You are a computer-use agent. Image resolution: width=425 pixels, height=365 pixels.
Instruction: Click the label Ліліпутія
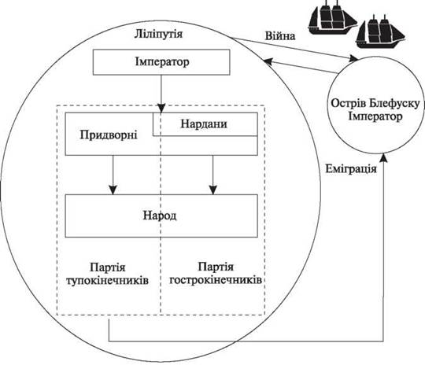pos(158,35)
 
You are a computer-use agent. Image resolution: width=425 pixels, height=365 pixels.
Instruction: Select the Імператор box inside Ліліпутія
pos(161,62)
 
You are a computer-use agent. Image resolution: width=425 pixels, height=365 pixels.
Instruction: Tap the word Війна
pos(280,36)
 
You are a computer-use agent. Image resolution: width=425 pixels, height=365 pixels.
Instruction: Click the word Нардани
pos(204,124)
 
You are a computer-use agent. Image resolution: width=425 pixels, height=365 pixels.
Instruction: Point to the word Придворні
pos(109,135)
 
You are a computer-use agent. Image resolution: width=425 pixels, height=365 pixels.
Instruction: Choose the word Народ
pos(160,216)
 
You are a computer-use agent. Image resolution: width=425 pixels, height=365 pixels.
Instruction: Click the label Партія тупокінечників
pos(107,274)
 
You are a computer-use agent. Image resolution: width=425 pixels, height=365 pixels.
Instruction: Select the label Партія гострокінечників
pos(216,273)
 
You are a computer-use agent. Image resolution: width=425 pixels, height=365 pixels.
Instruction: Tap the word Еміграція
pos(351,169)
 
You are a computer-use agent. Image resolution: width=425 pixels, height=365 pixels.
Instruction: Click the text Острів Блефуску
pos(375,103)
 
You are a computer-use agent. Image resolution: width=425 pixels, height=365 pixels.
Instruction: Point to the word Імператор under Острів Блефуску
pos(375,116)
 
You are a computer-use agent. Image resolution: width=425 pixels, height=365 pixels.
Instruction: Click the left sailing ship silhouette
pos(333,17)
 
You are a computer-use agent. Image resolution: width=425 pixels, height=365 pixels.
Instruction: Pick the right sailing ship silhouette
pos(380,32)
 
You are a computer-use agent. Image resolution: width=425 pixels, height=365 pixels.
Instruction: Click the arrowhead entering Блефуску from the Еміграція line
pos(383,158)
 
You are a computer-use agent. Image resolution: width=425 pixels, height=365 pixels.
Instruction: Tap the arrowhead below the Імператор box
pos(161,108)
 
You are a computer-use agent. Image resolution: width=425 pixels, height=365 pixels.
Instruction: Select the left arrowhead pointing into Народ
pos(113,190)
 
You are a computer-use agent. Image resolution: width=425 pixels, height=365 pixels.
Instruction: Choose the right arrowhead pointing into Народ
pos(213,190)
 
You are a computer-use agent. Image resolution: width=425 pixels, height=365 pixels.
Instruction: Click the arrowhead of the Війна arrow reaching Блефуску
pos(353,58)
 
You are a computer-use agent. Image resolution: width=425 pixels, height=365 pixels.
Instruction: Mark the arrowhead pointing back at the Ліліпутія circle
pos(268,61)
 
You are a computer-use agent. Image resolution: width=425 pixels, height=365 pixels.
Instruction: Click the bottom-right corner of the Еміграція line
pos(383,341)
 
